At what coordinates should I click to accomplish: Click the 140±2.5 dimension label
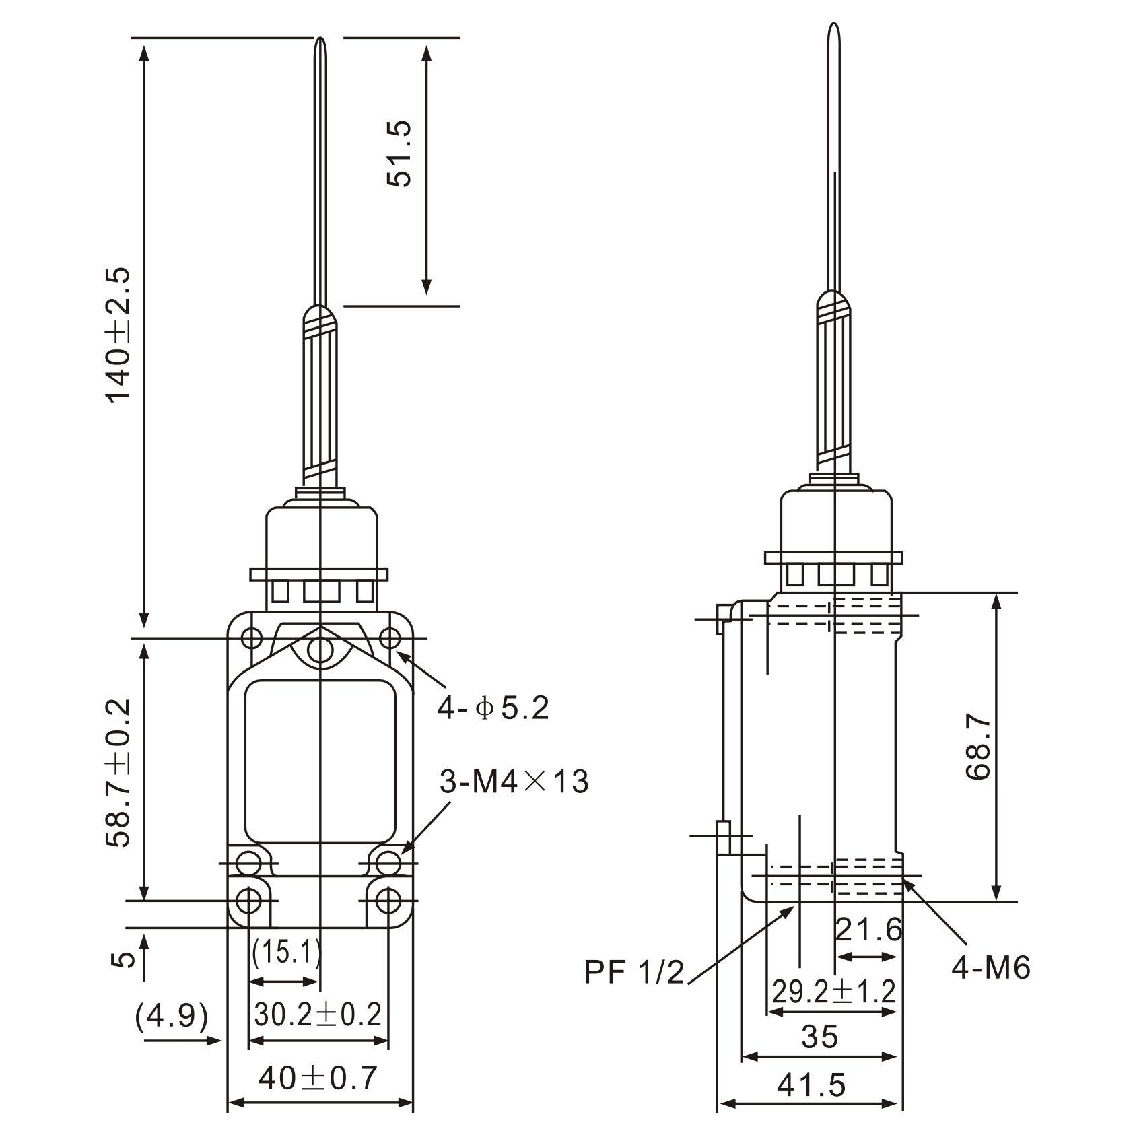118,335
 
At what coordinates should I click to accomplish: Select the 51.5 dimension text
399,155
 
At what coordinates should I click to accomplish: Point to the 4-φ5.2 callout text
493,708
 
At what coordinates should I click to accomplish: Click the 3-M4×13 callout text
514,782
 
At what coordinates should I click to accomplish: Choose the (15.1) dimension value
286,952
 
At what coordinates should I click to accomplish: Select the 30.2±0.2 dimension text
318,1014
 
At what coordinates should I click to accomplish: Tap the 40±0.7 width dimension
318,1078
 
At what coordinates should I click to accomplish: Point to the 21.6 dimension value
868,930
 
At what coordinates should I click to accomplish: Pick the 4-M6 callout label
991,968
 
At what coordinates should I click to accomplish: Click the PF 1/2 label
634,972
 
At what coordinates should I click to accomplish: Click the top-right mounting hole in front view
389,637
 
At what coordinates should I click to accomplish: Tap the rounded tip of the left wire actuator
322,44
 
